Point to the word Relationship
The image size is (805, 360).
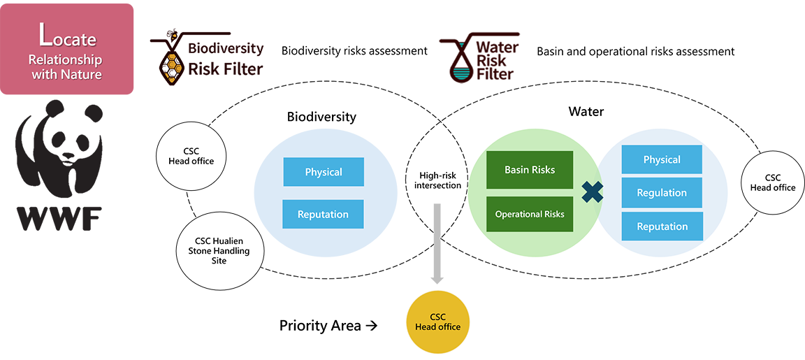tap(66, 59)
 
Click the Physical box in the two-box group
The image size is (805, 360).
tap(324, 172)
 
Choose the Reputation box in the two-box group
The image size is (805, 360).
tap(323, 214)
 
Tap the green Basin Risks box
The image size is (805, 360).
tap(530, 170)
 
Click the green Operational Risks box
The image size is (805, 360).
tap(530, 214)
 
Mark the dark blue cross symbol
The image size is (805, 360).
tap(592, 193)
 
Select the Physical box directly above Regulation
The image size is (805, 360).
tap(662, 159)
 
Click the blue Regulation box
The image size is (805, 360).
tap(662, 193)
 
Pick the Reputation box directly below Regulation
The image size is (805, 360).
tap(662, 226)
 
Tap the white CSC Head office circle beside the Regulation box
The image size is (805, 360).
tap(772, 182)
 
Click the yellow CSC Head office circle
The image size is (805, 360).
tap(437, 322)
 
